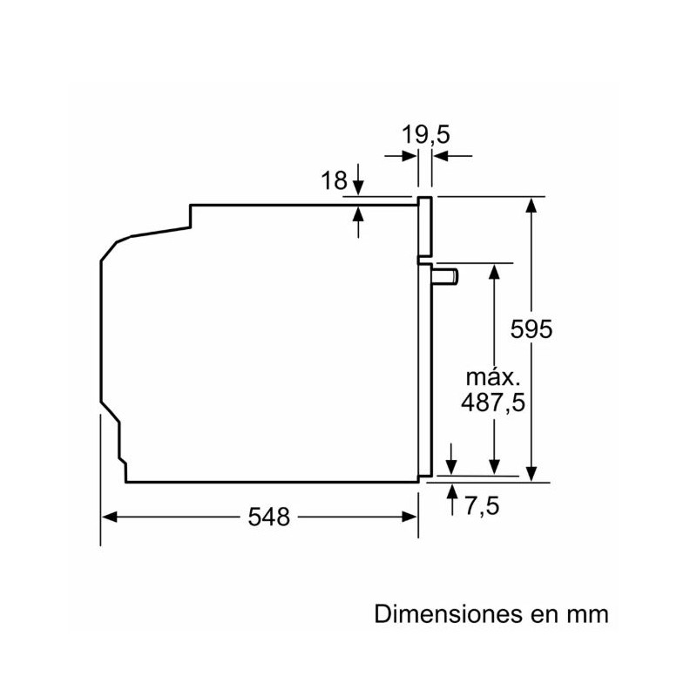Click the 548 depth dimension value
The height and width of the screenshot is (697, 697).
point(268,517)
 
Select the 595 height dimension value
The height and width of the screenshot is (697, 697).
point(531,329)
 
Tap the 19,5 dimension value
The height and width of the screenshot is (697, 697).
point(425,135)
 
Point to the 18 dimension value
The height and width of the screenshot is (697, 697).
point(334,180)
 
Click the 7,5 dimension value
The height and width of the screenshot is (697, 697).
point(482,506)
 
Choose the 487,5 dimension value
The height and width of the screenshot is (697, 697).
point(493,403)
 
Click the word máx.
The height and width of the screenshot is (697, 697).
point(492,378)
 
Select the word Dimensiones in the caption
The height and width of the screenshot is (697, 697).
point(448,614)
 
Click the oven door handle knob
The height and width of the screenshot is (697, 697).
point(445,276)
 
